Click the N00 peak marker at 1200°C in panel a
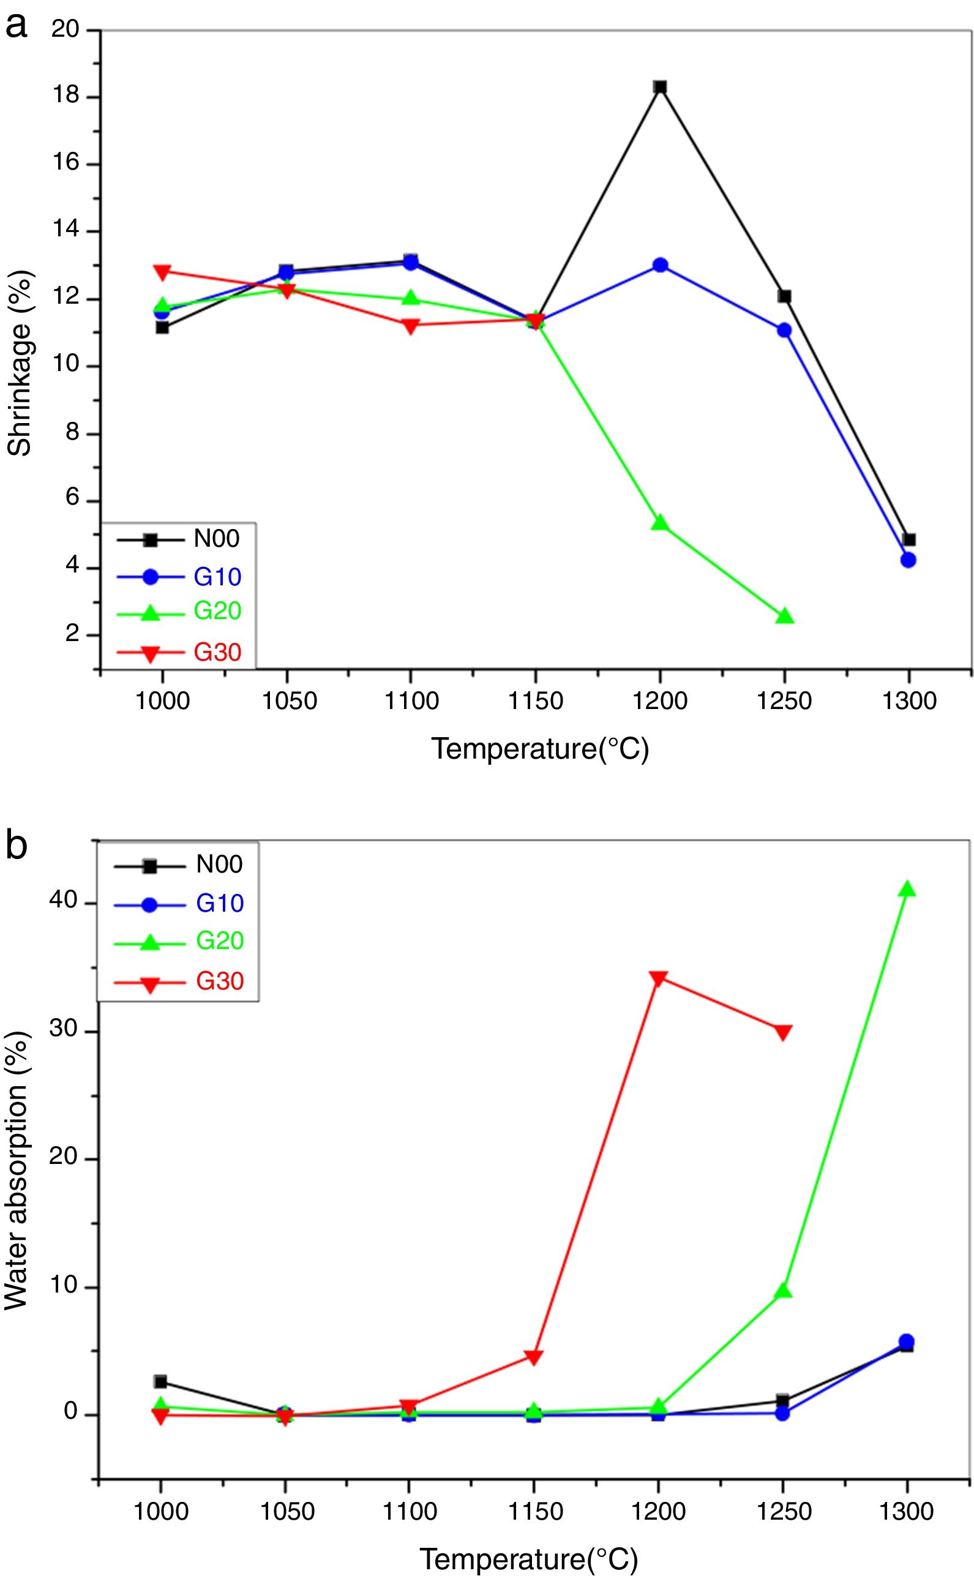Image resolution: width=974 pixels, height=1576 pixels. click(x=660, y=87)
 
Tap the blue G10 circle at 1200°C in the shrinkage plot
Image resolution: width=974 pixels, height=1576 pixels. click(x=661, y=265)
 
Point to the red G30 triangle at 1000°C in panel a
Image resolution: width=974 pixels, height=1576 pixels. click(x=162, y=272)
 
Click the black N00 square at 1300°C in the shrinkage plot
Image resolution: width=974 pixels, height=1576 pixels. click(x=909, y=540)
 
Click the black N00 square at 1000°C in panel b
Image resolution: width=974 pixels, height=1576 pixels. click(x=160, y=1381)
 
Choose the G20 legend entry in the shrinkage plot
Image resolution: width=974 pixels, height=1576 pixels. click(x=217, y=611)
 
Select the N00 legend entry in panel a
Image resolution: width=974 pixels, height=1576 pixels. click(x=217, y=539)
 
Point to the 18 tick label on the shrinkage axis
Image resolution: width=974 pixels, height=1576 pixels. click(x=65, y=96)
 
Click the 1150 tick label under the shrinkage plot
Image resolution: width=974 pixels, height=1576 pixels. click(x=535, y=700)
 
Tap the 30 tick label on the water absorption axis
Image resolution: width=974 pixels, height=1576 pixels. click(x=63, y=1029)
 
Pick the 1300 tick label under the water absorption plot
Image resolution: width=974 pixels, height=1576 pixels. click(x=907, y=1511)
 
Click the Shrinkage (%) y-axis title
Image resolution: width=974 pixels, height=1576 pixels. click(x=20, y=364)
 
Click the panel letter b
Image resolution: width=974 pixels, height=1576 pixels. click(x=17, y=846)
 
